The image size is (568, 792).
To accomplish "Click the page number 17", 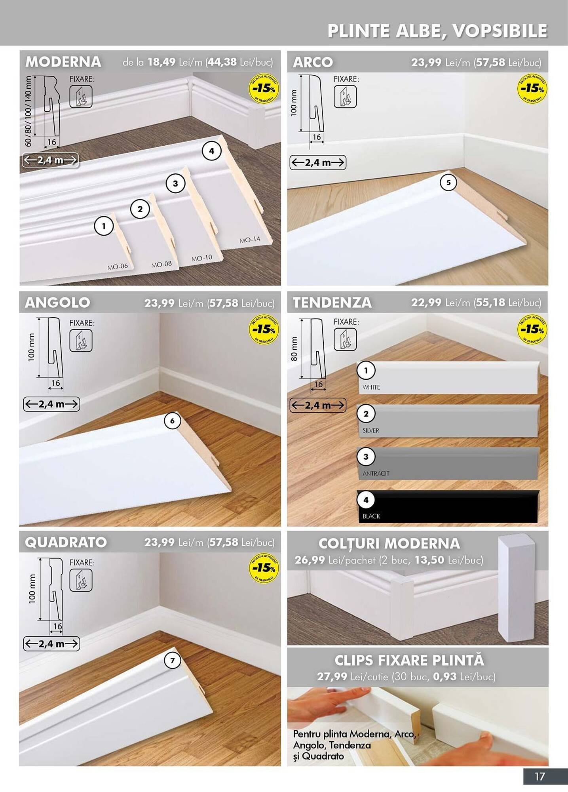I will click(x=540, y=776).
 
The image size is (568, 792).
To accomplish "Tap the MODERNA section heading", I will click(x=63, y=62).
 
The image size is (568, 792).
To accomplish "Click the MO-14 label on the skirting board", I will click(x=250, y=240).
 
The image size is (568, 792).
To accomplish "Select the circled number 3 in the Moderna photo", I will click(x=175, y=183).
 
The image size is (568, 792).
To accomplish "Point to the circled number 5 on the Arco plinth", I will click(x=448, y=183).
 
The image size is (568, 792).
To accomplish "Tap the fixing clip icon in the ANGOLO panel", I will click(x=81, y=341).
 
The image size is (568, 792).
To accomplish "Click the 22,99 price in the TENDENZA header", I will click(x=426, y=303).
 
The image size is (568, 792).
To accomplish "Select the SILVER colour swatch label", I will click(x=371, y=430).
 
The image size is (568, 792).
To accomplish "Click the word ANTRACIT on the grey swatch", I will click(x=376, y=474).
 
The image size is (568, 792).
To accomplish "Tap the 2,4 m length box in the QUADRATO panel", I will click(x=51, y=643).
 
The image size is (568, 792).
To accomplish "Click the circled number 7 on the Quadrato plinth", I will click(x=172, y=661).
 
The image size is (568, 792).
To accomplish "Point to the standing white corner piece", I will click(x=516, y=588).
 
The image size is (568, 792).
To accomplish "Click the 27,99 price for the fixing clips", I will click(x=332, y=676).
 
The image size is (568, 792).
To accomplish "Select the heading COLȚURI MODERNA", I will click(x=389, y=544).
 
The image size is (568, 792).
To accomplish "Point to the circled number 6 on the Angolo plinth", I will click(x=172, y=421).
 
